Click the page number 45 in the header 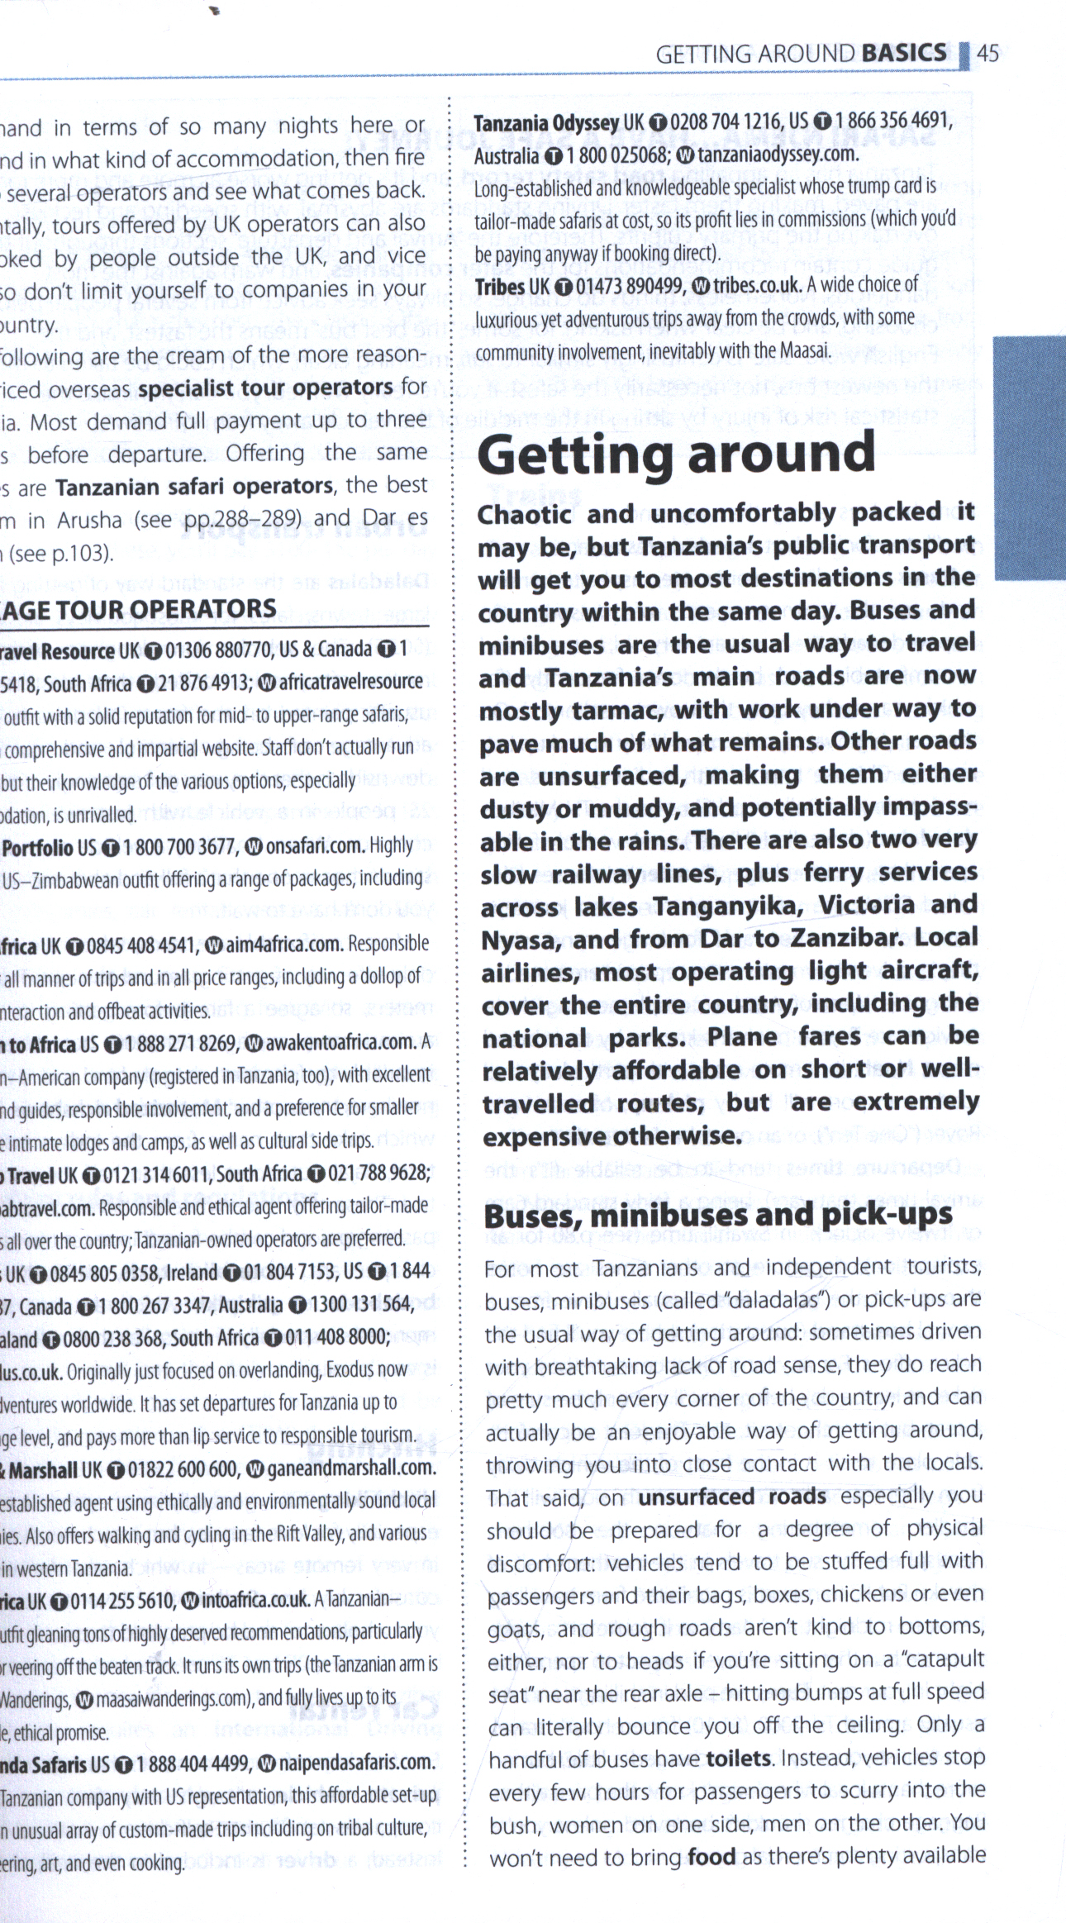pyautogui.click(x=987, y=54)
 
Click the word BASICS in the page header pyautogui.click(x=903, y=53)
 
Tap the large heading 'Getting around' pyautogui.click(x=676, y=454)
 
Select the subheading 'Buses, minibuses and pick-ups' pyautogui.click(x=718, y=1215)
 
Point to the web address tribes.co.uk pyautogui.click(x=756, y=285)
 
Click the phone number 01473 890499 pyautogui.click(x=630, y=286)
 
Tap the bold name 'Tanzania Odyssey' pyautogui.click(x=546, y=122)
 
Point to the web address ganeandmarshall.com pyautogui.click(x=350, y=1468)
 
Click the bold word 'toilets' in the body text pyautogui.click(x=738, y=1757)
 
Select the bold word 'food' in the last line pyautogui.click(x=711, y=1856)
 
